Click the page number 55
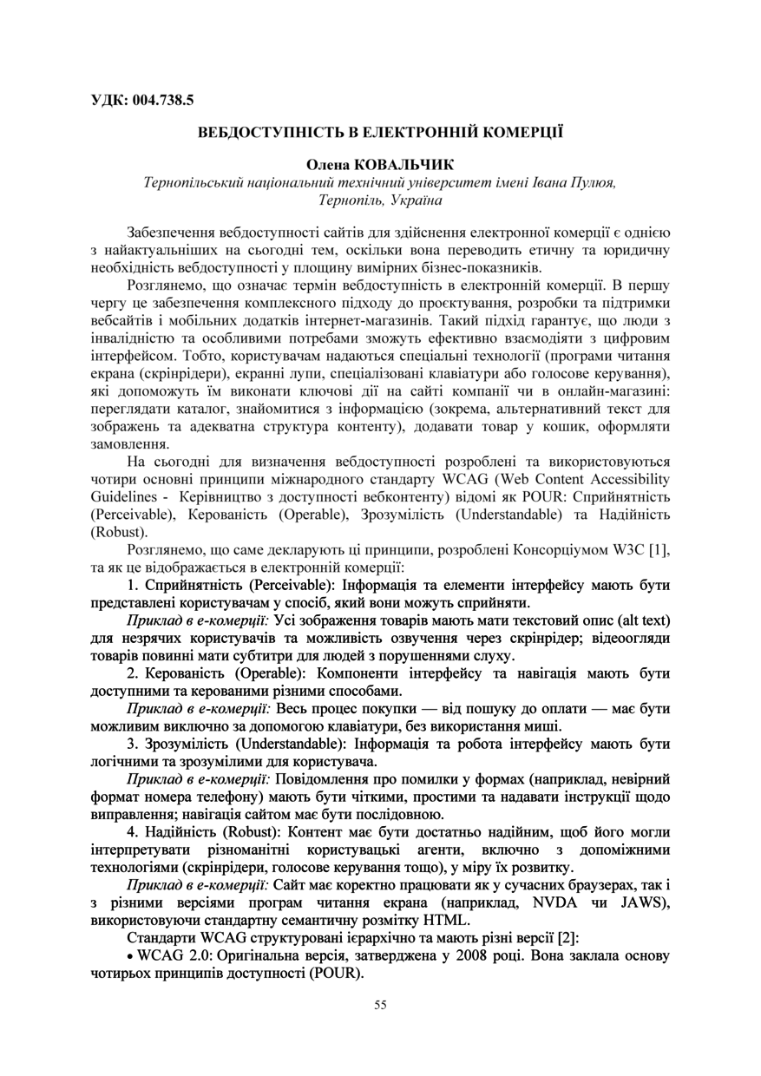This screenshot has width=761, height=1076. point(380,1005)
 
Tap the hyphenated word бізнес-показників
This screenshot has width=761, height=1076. point(483,266)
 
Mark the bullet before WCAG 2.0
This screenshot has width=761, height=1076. point(130,956)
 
